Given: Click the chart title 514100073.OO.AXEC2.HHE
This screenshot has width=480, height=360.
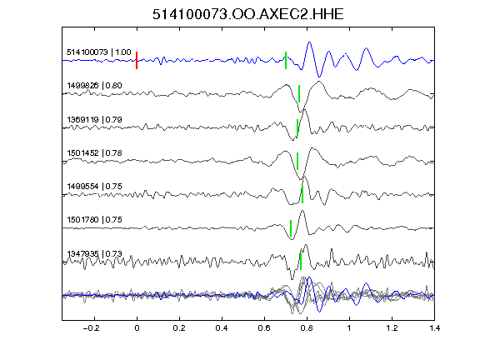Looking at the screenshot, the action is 248,14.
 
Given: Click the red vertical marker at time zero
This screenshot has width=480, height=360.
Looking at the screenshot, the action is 137,60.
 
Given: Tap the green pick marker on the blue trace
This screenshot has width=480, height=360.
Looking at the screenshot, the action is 286,60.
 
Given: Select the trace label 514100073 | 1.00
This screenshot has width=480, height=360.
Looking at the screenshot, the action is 99,52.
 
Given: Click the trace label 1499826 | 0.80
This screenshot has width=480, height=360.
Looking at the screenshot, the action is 94,85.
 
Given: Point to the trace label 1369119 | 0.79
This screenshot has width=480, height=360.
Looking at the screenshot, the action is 94,119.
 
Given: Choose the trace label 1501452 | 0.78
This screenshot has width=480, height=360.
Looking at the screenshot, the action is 94,152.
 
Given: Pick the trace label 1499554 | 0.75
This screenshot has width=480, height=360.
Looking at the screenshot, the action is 94,186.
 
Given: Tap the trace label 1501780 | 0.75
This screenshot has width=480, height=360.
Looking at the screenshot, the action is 94,220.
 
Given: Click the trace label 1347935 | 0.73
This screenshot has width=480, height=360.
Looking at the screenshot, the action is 94,254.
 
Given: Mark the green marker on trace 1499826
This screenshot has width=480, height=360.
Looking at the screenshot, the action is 299,93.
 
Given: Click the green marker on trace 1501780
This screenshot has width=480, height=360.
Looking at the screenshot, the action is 291,228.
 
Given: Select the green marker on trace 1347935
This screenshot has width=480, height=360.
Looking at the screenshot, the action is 301,262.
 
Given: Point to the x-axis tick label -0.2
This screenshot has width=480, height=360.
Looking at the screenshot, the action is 91,328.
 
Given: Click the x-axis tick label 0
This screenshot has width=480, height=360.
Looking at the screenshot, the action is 137,328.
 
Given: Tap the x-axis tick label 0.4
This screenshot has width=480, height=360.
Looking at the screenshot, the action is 222,328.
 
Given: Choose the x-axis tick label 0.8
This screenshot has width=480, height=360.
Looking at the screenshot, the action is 307,328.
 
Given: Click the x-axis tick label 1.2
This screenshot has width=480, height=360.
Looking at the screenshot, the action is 392,328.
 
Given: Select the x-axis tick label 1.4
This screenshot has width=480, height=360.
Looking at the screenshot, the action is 434,328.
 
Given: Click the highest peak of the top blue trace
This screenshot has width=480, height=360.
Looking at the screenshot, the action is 309,42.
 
